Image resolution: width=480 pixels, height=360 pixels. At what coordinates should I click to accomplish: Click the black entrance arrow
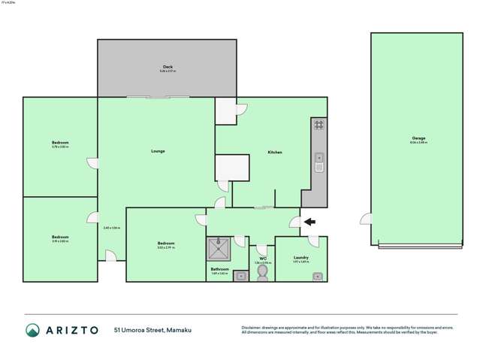click(309, 222)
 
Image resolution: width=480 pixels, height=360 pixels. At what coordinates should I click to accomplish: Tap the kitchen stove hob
click(318, 125)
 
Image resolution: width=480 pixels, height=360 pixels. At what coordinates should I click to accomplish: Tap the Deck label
click(168, 66)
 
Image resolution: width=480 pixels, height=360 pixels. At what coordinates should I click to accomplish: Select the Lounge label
click(158, 151)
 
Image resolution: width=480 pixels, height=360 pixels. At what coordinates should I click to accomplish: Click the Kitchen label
click(275, 153)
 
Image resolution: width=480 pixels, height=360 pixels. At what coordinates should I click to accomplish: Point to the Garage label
click(418, 138)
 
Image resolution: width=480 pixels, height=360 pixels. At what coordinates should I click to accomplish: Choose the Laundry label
click(300, 258)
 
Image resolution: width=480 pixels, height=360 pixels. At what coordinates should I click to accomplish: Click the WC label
click(263, 259)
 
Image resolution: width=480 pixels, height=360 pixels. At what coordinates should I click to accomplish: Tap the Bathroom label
click(219, 268)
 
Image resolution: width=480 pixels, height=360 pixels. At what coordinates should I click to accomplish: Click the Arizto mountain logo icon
click(32, 330)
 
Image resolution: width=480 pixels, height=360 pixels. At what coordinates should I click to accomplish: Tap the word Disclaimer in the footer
click(251, 328)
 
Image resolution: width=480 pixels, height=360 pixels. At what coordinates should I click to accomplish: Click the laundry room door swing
click(313, 241)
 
